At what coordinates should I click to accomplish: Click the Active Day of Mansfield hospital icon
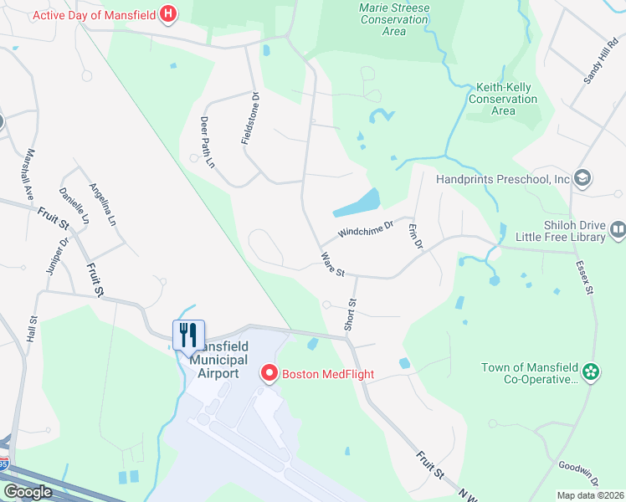coord(169,14)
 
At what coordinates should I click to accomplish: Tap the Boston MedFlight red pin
coord(269,373)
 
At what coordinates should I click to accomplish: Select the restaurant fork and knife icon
coord(188,335)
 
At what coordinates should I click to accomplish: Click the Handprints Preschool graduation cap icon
coord(583,178)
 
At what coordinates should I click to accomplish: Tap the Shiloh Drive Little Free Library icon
coord(618,229)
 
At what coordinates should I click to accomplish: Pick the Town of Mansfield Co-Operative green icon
coord(591,371)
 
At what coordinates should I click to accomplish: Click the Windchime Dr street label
coord(366,228)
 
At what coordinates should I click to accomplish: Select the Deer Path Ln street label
coord(208,142)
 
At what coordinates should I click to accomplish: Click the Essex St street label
coord(583,279)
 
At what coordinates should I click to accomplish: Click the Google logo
coord(28,492)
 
